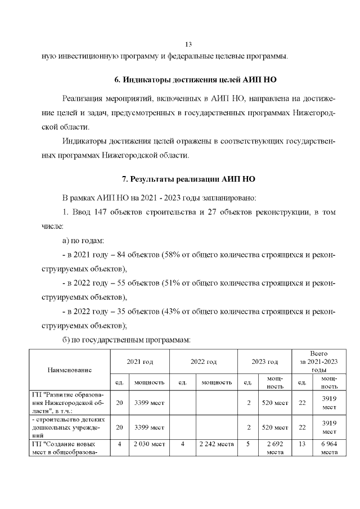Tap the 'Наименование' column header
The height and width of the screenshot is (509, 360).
pos(70,370)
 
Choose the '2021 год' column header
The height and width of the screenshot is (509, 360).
pos(139,362)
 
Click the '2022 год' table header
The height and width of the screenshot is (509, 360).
pos(204,362)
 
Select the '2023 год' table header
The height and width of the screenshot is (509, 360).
pos(264,362)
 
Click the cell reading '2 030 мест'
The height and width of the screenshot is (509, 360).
pos(148,444)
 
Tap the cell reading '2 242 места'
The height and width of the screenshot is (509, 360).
pos(216,444)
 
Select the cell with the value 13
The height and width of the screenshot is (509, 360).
pos(302,444)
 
